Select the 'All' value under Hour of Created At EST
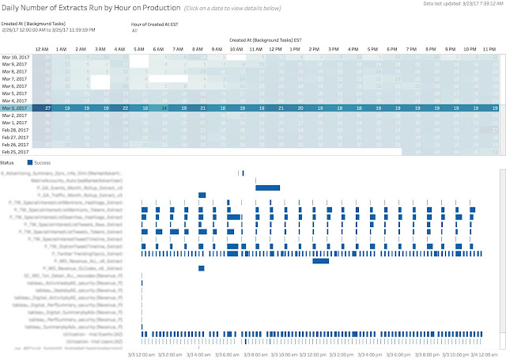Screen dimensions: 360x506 pos(134,31)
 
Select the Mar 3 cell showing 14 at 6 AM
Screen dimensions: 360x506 pos(164,108)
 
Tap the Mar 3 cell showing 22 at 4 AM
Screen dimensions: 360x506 pos(125,108)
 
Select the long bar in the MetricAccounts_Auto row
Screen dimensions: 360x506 pos(267,187)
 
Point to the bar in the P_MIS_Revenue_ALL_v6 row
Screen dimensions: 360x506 pos(321,260)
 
